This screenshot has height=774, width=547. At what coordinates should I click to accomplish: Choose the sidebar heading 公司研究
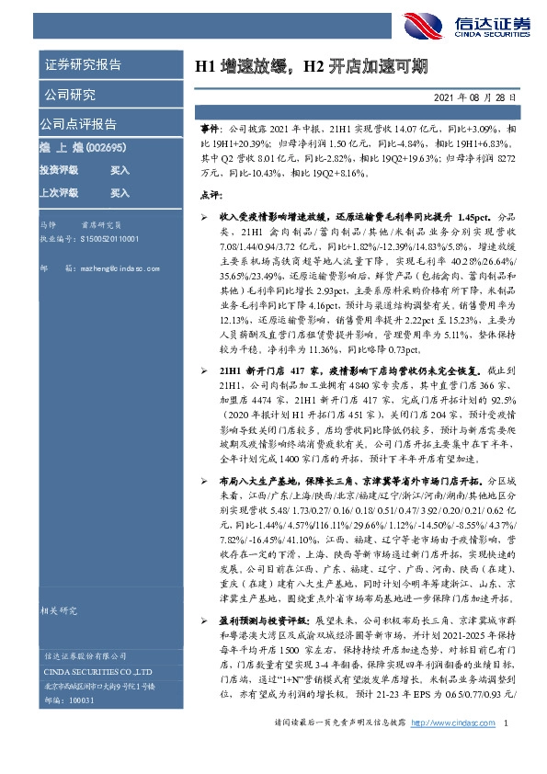click(x=70, y=94)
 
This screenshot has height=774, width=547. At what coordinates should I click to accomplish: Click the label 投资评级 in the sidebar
click(x=58, y=170)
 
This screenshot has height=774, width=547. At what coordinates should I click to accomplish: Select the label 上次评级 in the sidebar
click(x=58, y=193)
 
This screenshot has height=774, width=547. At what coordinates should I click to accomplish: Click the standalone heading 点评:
click(x=211, y=195)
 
